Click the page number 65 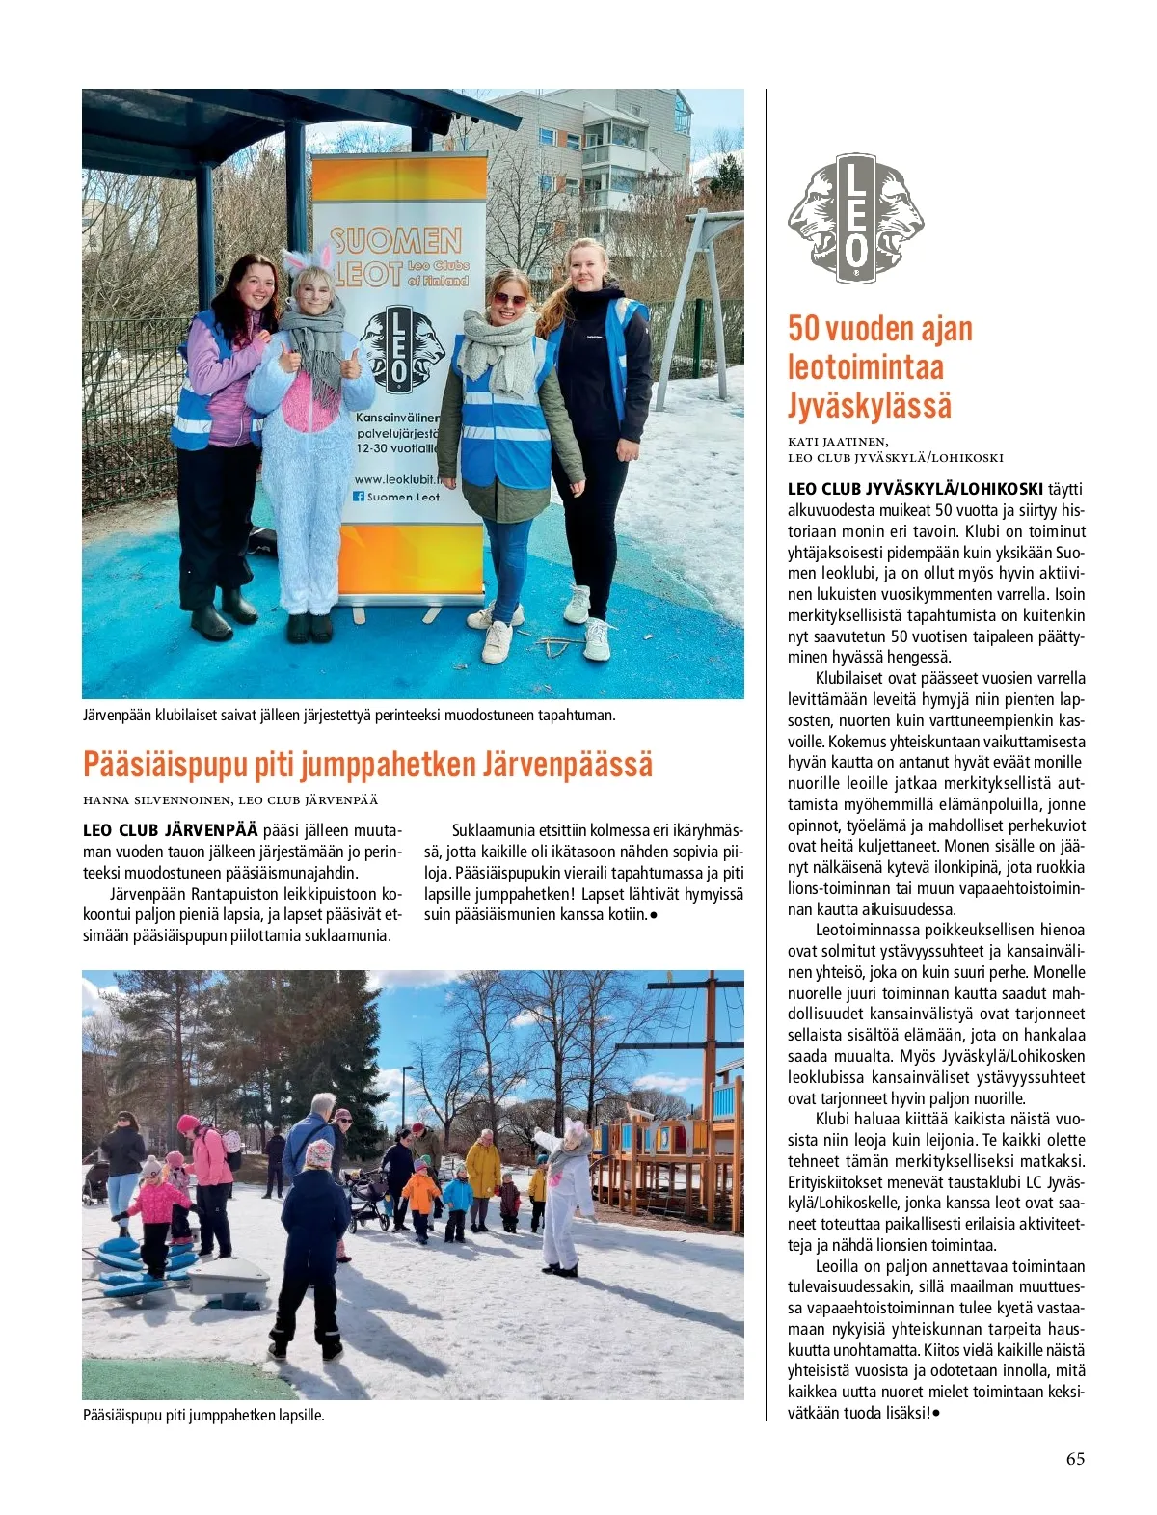[1075, 1459]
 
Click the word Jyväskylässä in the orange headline [869, 405]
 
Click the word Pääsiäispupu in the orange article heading [166, 765]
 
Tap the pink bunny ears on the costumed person [309, 259]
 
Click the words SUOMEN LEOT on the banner [395, 257]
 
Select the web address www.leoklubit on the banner [396, 478]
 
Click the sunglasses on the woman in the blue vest [509, 299]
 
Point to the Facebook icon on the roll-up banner [359, 497]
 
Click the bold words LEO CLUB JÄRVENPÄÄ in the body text [171, 830]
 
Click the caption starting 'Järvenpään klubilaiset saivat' [349, 716]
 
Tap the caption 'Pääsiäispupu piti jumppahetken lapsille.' [204, 1416]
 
